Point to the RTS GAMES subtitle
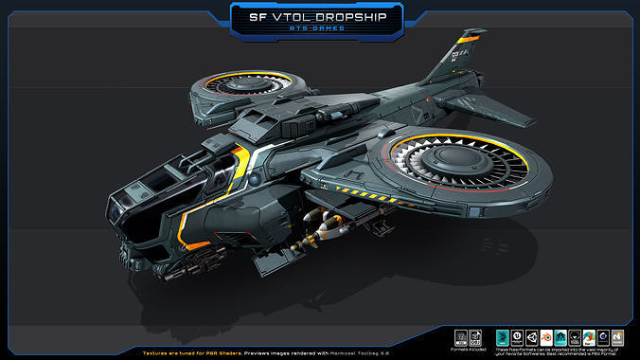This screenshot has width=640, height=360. click(319, 32)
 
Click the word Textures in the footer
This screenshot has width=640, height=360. click(158, 351)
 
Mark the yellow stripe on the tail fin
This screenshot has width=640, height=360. click(465, 40)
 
